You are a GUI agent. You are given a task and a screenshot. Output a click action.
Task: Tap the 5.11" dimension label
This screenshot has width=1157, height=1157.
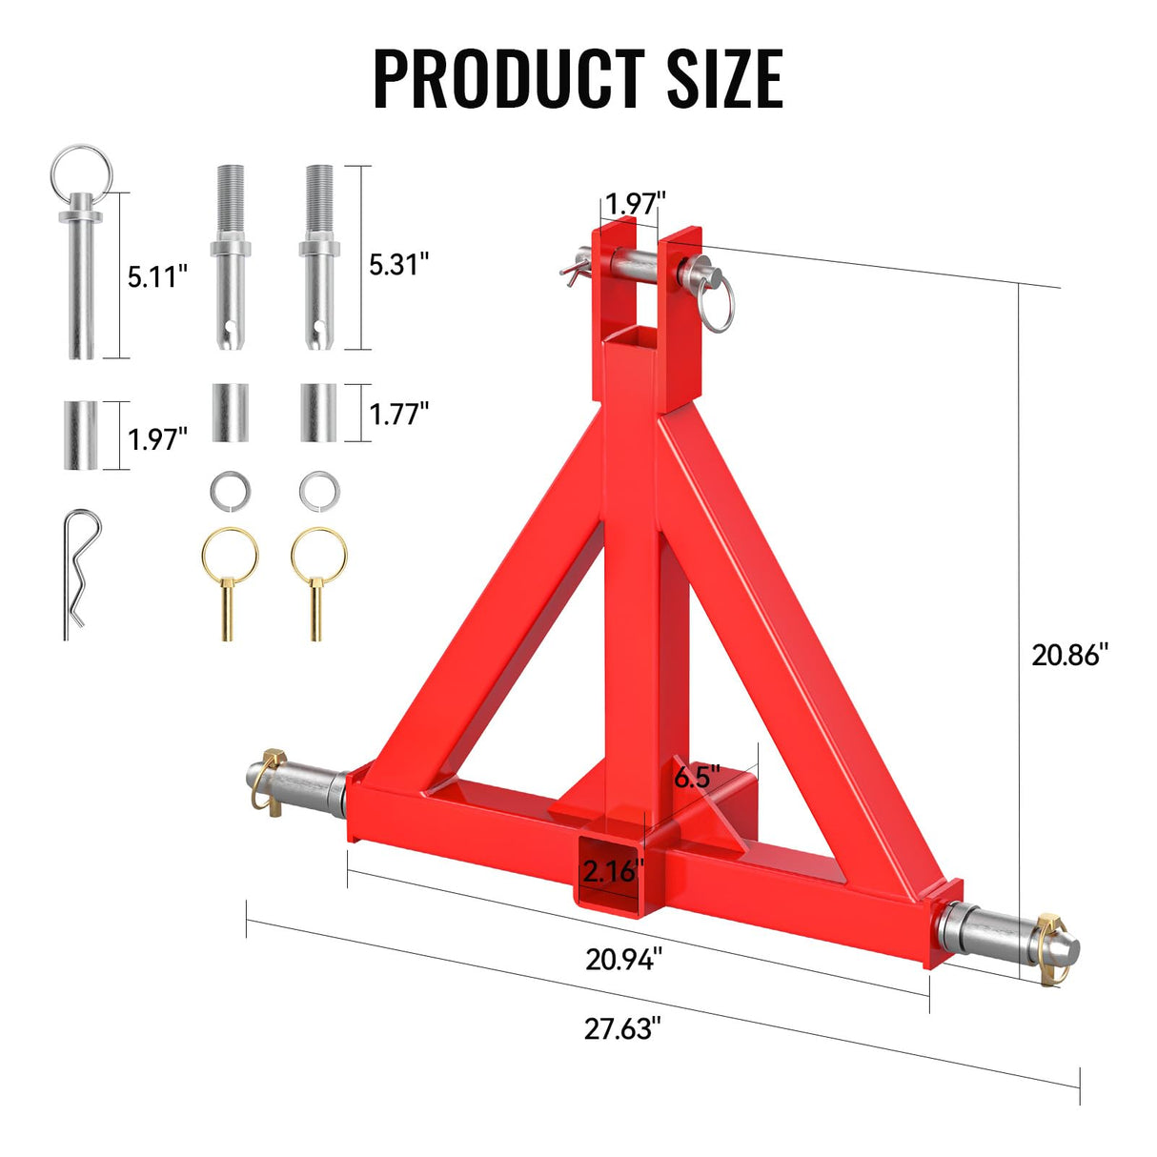coord(157,277)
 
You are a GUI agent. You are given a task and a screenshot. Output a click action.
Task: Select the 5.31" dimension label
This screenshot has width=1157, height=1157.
coord(399,264)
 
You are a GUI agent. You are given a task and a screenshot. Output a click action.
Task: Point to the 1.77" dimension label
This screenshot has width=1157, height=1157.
coord(399,414)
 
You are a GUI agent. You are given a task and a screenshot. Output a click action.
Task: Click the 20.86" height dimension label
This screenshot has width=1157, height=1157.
coord(1070,655)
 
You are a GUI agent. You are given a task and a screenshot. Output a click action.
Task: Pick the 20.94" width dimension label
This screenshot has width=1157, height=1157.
coord(624,959)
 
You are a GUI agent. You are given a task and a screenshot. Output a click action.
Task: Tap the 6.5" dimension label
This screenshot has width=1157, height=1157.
coord(698,777)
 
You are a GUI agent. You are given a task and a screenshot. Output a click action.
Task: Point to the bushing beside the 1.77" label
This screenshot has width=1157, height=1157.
coord(317,413)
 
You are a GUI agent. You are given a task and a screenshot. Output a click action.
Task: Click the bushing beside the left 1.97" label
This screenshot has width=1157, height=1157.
coord(81,435)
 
